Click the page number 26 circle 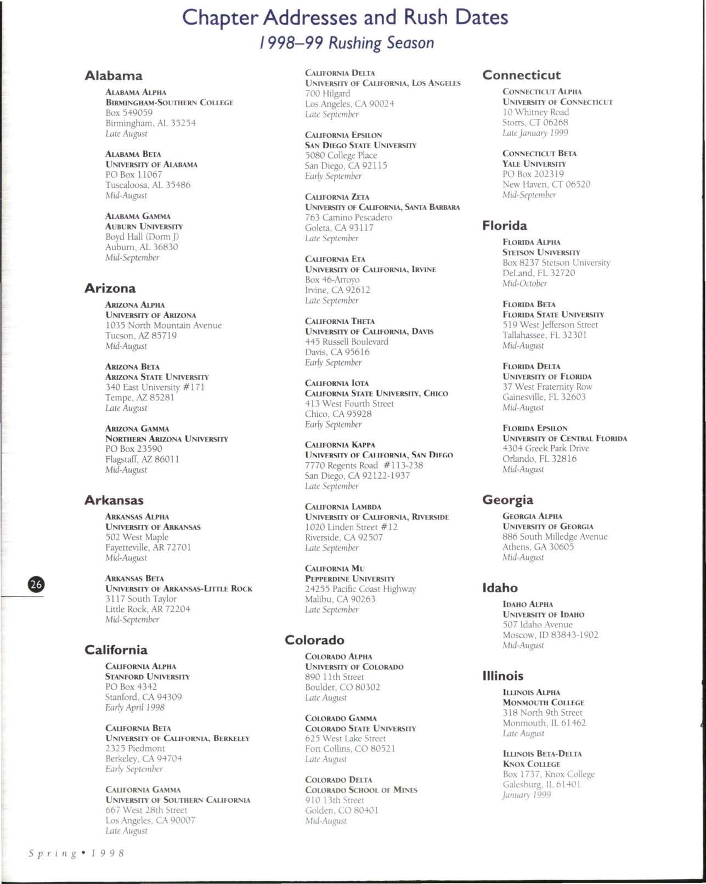(x=36, y=585)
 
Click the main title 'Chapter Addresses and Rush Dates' (x=345, y=18)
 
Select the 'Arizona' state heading (x=110, y=288)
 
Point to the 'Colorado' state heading (x=314, y=641)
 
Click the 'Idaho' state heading (x=500, y=588)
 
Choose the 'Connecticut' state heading (x=521, y=75)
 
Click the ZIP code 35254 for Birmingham (x=183, y=123)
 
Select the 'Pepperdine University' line (x=349, y=579)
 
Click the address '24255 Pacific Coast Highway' (x=360, y=589)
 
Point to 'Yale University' (x=534, y=164)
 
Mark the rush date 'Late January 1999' (x=535, y=133)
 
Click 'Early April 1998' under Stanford (x=135, y=707)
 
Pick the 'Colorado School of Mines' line (x=361, y=790)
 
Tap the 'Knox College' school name (x=531, y=764)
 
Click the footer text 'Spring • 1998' (x=77, y=853)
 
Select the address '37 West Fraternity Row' (x=547, y=387)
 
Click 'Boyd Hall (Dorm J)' (x=142, y=237)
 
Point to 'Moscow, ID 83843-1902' (x=550, y=635)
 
